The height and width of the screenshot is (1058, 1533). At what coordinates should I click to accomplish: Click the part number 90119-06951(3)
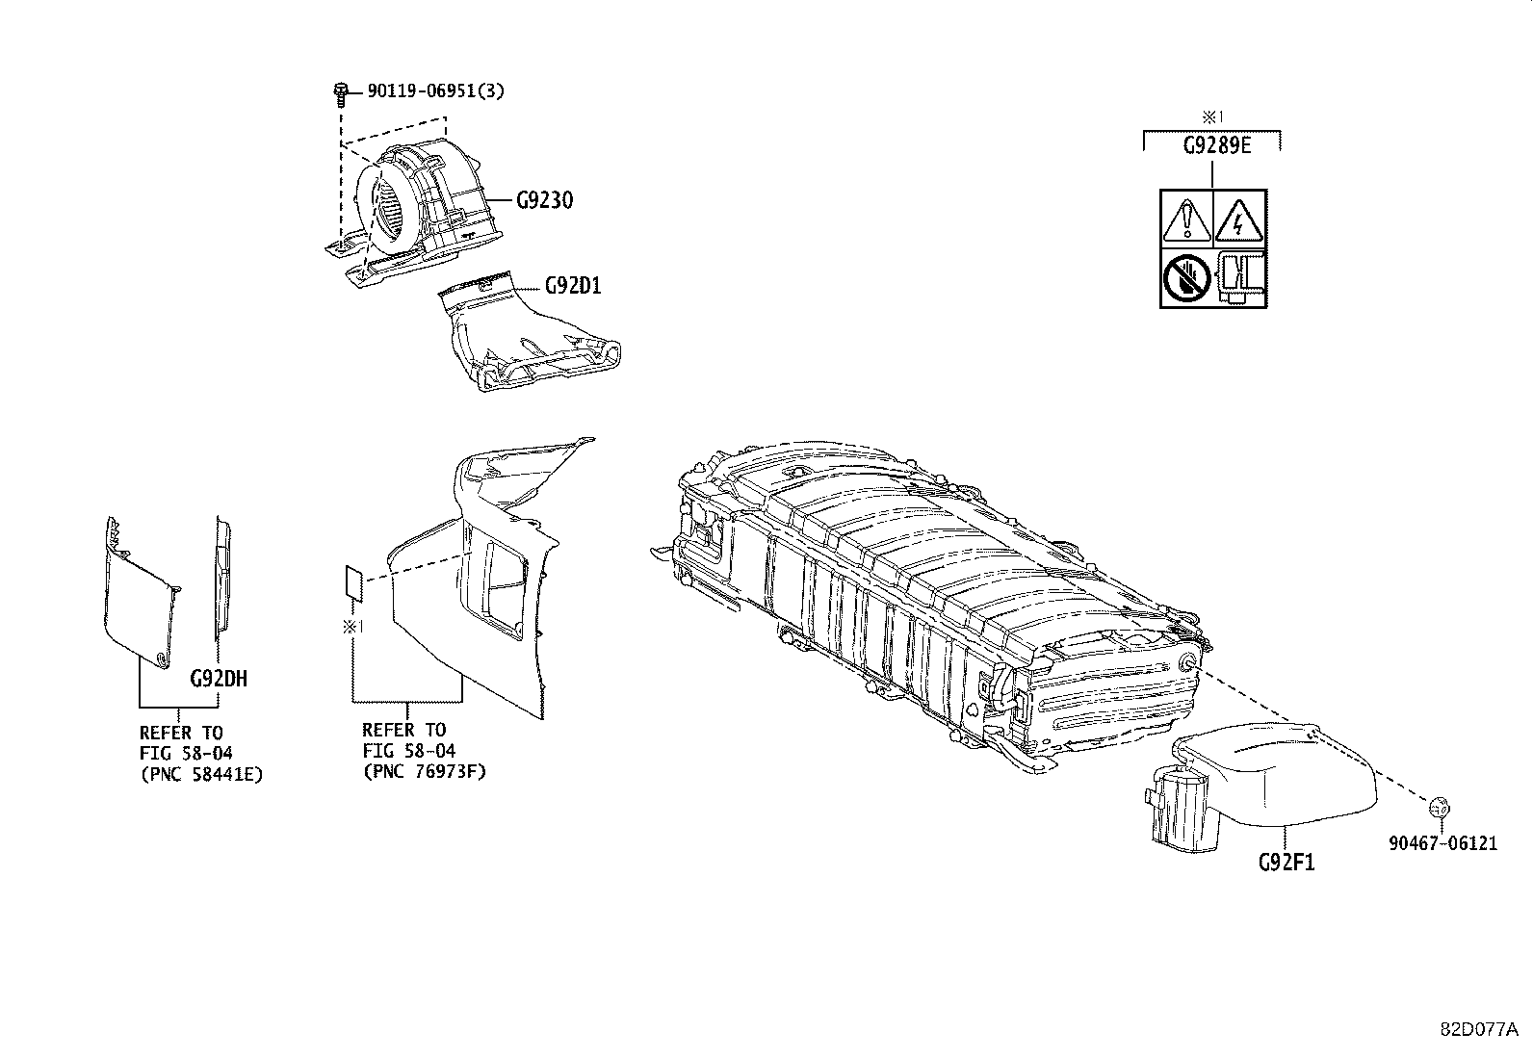pyautogui.click(x=435, y=91)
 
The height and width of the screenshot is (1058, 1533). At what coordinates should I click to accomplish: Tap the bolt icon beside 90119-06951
pyautogui.click(x=340, y=93)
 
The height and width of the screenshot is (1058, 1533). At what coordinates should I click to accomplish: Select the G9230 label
pyautogui.click(x=544, y=200)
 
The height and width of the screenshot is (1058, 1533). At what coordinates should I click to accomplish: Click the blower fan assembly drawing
pyautogui.click(x=414, y=211)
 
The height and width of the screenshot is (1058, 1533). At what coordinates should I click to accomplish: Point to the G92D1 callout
pyautogui.click(x=573, y=285)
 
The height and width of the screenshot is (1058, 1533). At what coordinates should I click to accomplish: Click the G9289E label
pyautogui.click(x=1217, y=145)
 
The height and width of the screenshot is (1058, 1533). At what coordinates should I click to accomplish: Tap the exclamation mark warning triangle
pyautogui.click(x=1186, y=219)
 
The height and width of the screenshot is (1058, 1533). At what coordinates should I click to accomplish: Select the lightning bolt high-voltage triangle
pyautogui.click(x=1238, y=219)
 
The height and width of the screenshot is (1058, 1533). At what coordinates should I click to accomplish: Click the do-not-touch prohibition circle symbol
pyautogui.click(x=1186, y=278)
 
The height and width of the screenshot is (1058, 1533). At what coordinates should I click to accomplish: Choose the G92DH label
pyautogui.click(x=219, y=678)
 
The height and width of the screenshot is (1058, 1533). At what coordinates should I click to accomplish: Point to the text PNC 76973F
pyautogui.click(x=425, y=772)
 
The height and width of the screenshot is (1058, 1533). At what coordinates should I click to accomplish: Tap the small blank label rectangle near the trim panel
pyautogui.click(x=353, y=581)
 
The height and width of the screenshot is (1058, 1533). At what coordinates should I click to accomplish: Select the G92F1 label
pyautogui.click(x=1286, y=862)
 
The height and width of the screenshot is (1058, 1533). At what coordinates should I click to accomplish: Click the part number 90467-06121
pyautogui.click(x=1442, y=843)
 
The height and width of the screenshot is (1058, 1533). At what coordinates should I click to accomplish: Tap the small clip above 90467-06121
pyautogui.click(x=1440, y=807)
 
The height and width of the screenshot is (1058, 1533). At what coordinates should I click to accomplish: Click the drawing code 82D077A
pyautogui.click(x=1479, y=1029)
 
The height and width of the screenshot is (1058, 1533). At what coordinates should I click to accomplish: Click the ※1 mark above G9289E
pyautogui.click(x=1212, y=117)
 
